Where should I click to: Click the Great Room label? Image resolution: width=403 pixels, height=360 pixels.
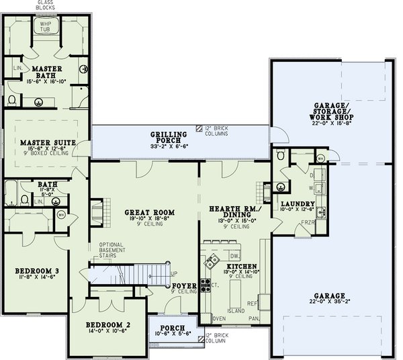tap(145, 212)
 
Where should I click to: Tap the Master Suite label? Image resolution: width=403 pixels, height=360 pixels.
tap(46, 142)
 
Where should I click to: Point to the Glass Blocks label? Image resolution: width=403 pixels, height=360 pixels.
tap(45, 5)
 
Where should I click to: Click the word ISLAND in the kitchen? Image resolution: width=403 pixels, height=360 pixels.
tap(235, 311)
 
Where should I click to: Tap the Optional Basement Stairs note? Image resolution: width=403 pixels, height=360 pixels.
tap(112, 250)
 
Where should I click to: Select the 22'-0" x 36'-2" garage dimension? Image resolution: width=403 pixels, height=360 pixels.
tap(329, 302)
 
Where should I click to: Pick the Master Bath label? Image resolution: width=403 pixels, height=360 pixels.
tap(46, 71)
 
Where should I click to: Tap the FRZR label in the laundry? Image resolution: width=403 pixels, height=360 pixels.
tap(306, 222)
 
